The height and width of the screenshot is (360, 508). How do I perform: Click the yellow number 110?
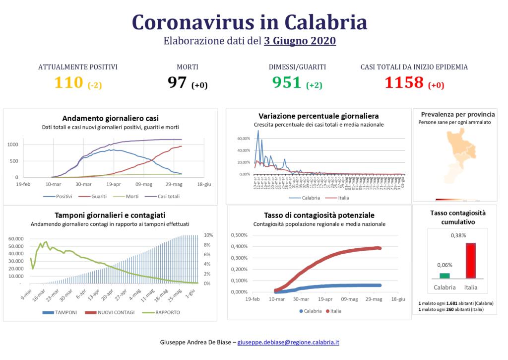68,82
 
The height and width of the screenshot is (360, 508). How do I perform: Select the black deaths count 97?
177,82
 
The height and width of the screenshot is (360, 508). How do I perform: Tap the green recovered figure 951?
287,82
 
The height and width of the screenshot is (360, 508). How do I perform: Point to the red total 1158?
404,82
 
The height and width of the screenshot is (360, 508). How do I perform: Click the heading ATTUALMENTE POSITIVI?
78,67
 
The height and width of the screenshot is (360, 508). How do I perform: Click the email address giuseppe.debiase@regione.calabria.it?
288,342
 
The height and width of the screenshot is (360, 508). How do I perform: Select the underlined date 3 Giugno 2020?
300,41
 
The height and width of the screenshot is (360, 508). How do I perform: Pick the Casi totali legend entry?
161,196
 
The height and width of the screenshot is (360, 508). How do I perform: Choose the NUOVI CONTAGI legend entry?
111,312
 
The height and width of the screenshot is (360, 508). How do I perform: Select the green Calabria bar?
444,276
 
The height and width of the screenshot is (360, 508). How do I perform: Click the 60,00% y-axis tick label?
244,139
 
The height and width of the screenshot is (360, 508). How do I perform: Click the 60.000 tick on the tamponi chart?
16,239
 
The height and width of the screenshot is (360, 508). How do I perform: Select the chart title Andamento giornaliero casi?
110,118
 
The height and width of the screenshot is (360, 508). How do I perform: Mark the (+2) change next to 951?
314,85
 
